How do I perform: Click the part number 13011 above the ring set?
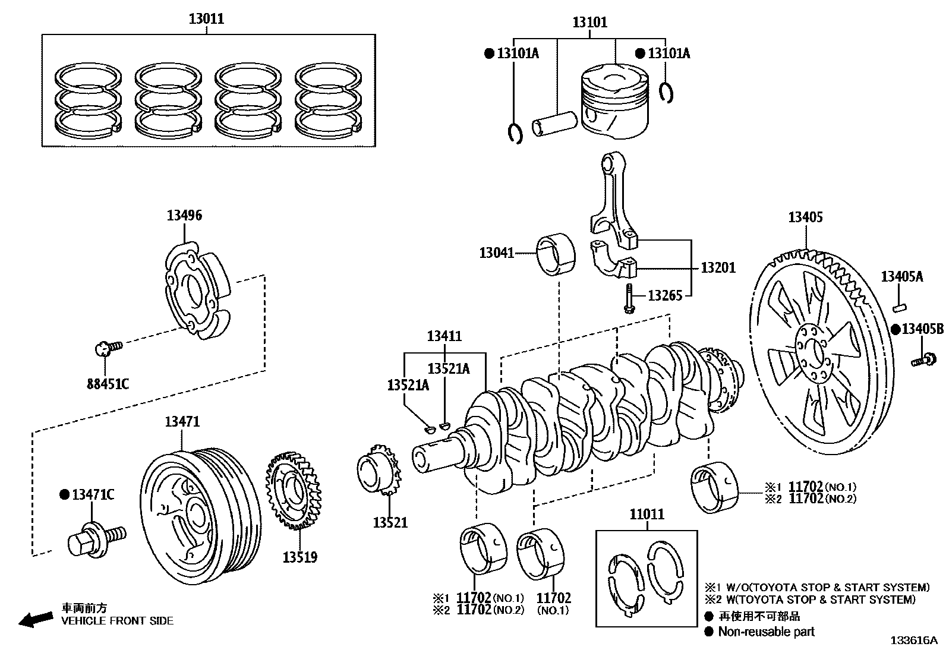click(x=206, y=18)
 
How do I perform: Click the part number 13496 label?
click(x=184, y=216)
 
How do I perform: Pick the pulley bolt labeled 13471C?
click(x=95, y=538)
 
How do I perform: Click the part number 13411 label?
click(x=444, y=336)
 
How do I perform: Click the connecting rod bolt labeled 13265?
click(x=628, y=298)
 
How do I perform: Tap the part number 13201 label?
click(x=718, y=267)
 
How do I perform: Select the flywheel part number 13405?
click(x=805, y=217)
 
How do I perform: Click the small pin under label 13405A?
click(x=898, y=307)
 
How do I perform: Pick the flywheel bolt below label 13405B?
click(x=922, y=359)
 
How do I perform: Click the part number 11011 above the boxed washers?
click(x=647, y=514)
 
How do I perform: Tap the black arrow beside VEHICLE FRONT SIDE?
click(x=35, y=619)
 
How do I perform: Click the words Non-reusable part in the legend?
click(x=766, y=632)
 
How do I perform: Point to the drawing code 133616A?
click(x=913, y=641)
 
